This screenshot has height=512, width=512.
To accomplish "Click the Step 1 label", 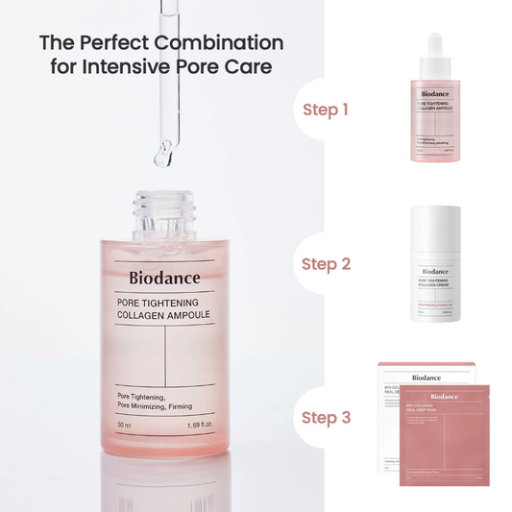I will click(326, 110).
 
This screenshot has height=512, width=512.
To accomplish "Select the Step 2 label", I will click(326, 263).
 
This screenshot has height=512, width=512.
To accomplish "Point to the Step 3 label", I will click(326, 417).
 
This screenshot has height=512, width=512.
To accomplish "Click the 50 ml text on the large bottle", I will click(124, 424).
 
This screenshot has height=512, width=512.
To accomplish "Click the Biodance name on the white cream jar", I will click(435, 272).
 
